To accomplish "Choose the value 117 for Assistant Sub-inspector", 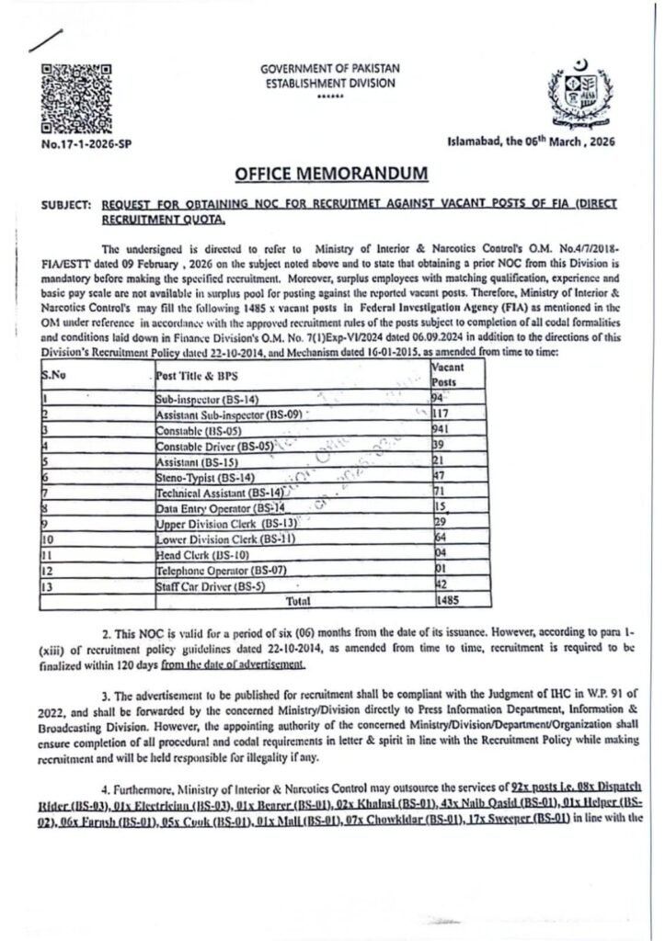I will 443,414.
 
